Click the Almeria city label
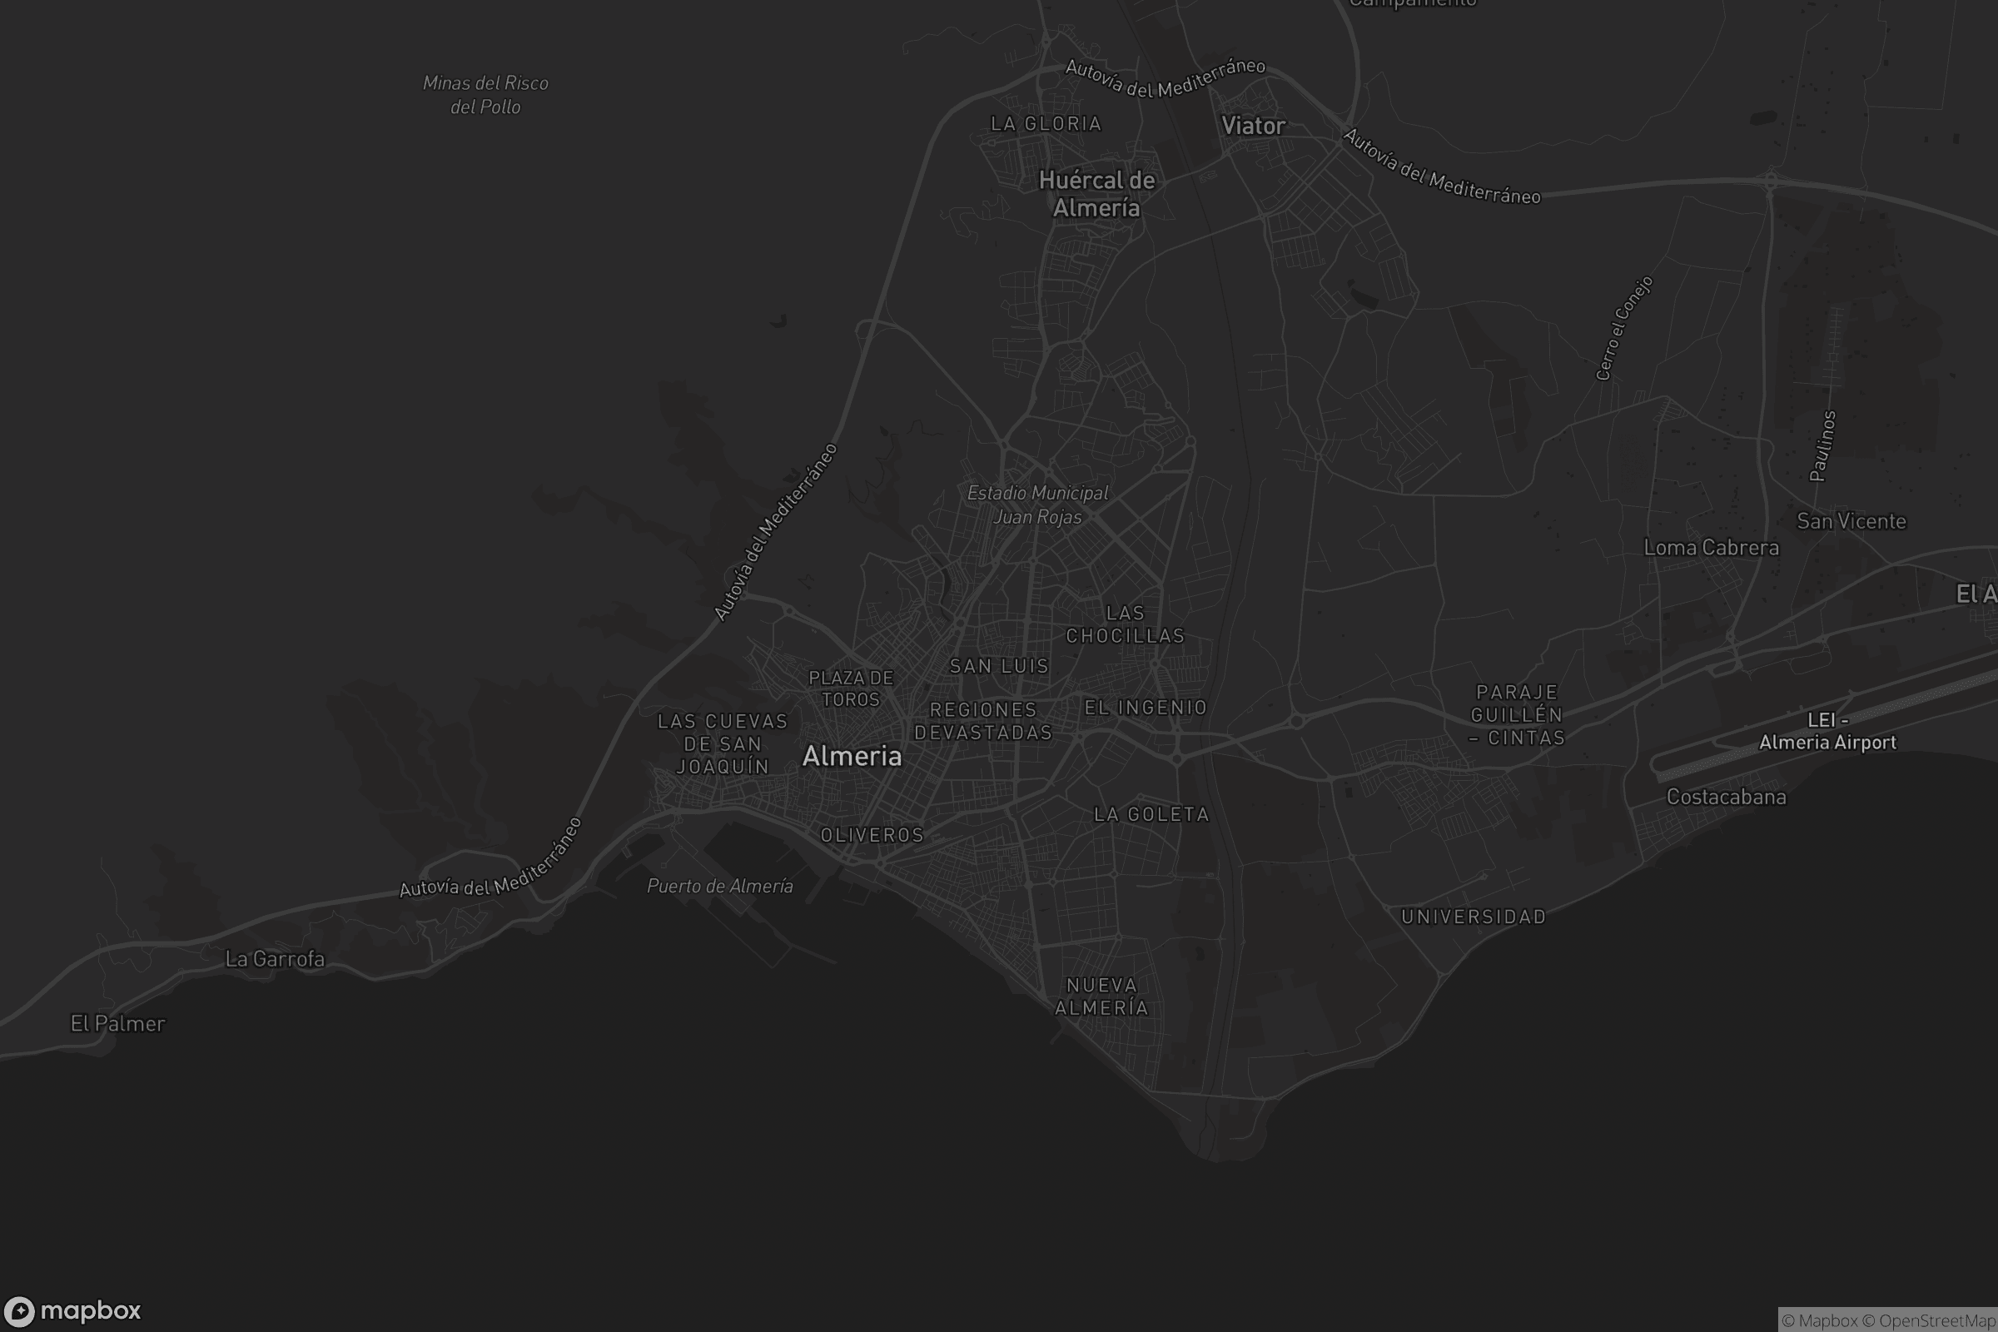point(851,756)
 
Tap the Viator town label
point(1253,126)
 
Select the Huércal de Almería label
point(1096,194)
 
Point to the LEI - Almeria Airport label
point(1827,732)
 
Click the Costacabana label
point(1725,797)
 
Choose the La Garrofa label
point(275,959)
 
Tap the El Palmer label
point(117,1024)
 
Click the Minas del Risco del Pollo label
point(485,95)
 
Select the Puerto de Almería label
point(719,886)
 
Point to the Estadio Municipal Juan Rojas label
point(1037,504)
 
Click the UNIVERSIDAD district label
point(1473,917)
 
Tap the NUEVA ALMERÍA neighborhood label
point(1101,997)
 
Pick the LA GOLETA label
point(1151,815)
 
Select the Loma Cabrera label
point(1711,548)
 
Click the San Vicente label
point(1851,522)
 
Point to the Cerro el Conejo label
point(1623,328)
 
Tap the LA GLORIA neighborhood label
point(1046,124)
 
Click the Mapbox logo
point(72,1310)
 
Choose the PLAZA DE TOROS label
point(850,689)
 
